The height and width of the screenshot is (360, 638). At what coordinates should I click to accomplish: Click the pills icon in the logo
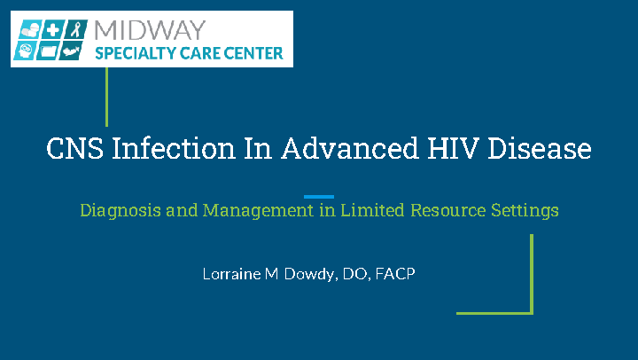click(30, 30)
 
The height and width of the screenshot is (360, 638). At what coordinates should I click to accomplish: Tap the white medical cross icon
click(52, 30)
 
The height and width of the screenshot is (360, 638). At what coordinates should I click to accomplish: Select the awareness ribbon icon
click(75, 29)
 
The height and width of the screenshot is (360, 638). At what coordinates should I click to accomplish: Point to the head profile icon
click(25, 51)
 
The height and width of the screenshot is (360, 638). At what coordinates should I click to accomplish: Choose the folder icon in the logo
click(48, 51)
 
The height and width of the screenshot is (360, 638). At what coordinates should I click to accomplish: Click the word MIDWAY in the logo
click(150, 30)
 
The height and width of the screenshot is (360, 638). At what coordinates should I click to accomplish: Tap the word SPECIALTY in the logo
click(135, 53)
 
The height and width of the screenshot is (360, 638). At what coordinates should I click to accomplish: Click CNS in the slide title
click(74, 148)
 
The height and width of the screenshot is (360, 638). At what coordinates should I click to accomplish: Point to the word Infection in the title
click(174, 148)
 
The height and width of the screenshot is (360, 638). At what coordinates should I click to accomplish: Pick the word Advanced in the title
click(350, 148)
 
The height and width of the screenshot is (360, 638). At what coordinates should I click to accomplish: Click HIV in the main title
click(453, 148)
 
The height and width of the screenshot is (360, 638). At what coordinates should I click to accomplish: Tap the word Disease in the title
click(539, 148)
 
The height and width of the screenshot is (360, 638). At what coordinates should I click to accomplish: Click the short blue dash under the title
click(319, 197)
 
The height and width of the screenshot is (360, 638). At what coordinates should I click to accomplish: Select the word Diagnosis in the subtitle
click(121, 211)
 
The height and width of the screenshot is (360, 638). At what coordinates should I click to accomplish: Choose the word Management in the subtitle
click(258, 211)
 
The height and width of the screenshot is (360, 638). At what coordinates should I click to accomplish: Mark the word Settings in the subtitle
click(525, 211)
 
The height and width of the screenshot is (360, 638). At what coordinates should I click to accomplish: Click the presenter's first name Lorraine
click(231, 274)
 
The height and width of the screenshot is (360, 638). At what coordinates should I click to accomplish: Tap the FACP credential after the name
click(395, 274)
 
